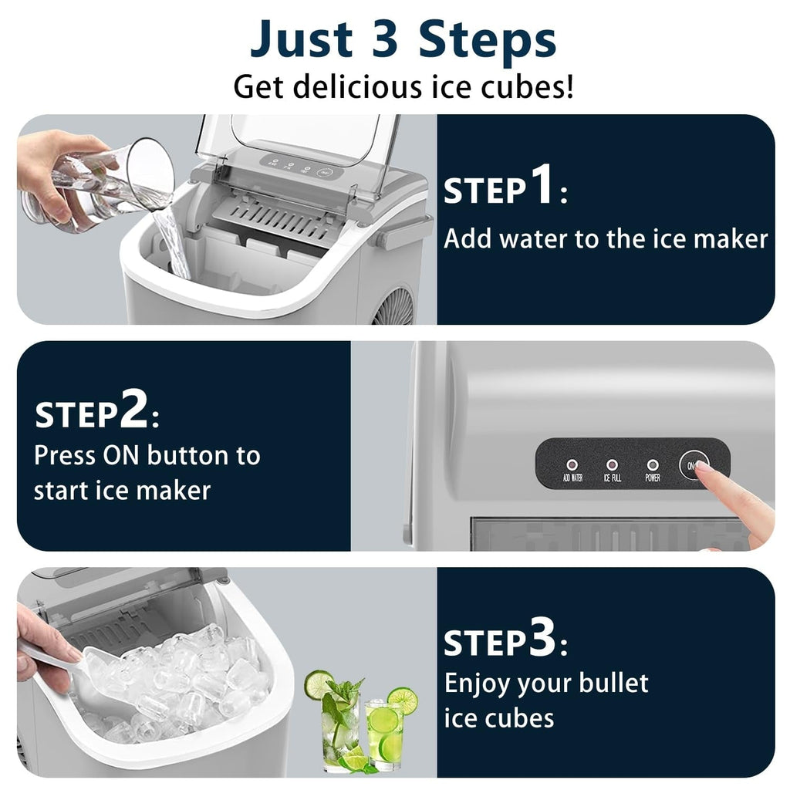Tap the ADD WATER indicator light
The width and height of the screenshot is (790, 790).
(x=572, y=465)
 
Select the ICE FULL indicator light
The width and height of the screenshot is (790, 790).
(x=612, y=465)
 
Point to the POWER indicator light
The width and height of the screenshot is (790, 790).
(x=653, y=465)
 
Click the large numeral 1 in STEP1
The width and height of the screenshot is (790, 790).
(x=542, y=187)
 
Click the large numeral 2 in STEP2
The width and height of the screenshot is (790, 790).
(x=133, y=413)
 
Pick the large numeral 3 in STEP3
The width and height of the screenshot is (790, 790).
(x=542, y=640)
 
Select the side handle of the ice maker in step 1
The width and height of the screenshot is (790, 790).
(x=404, y=229)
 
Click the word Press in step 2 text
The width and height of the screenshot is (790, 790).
(x=65, y=455)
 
